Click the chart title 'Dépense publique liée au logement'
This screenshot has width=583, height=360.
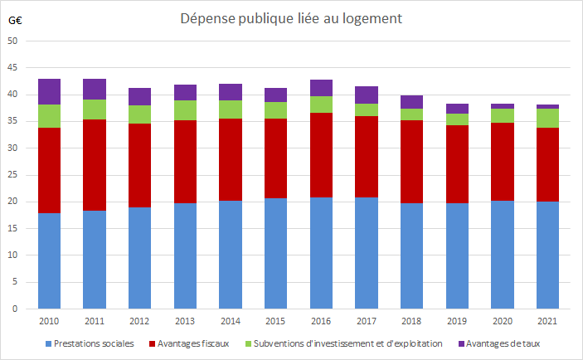pos(291,19)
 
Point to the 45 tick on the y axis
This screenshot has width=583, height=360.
pos(12,68)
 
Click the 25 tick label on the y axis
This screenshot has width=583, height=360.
pos(12,175)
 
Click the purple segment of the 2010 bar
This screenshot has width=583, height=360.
pos(50,91)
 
